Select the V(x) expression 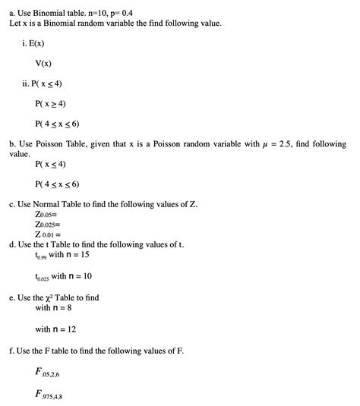tap(46, 65)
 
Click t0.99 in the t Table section tap(41, 257)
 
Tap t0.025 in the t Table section tap(43, 277)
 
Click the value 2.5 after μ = tap(291, 143)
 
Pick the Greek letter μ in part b tap(263, 144)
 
